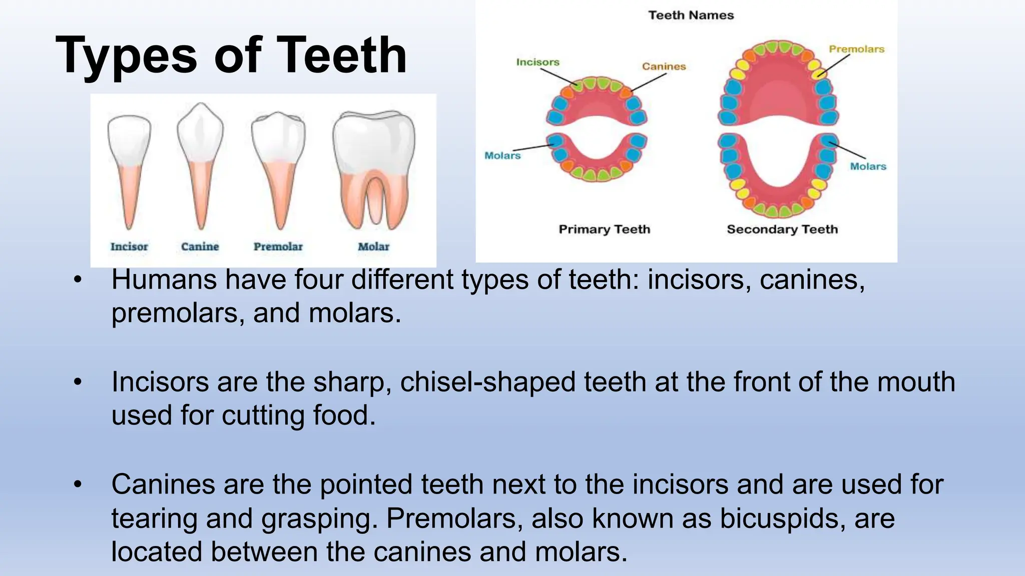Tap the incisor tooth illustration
click(129, 165)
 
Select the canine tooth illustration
click(200, 160)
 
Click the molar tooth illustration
click(374, 165)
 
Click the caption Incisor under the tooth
click(129, 246)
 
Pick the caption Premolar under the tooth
click(278, 246)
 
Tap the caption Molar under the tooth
click(373, 246)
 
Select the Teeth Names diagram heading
click(691, 15)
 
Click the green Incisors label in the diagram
click(538, 62)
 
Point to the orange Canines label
click(664, 66)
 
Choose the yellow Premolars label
click(856, 49)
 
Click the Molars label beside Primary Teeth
click(502, 155)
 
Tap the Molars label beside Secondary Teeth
click(868, 166)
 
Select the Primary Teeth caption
click(604, 229)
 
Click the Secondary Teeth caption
click(782, 229)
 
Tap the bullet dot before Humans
click(77, 279)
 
